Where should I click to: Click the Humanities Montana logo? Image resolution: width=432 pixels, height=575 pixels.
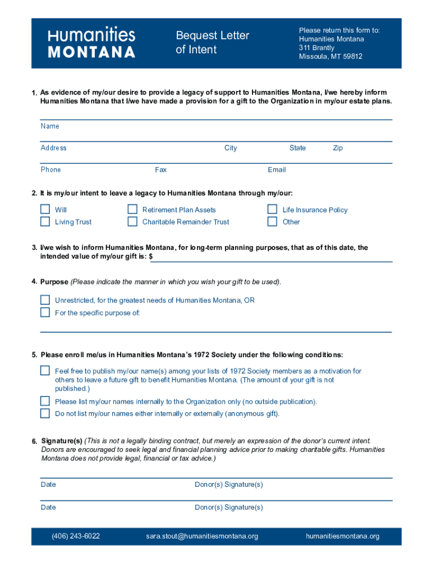(91, 43)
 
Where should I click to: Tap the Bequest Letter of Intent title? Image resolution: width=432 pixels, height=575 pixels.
(212, 43)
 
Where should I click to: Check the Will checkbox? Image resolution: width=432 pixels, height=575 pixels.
(45, 209)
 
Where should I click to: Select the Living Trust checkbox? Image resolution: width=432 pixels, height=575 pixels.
(45, 221)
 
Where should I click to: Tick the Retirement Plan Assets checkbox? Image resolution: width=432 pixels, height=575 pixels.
(132, 209)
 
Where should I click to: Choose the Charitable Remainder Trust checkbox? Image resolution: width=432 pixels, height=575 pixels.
(132, 221)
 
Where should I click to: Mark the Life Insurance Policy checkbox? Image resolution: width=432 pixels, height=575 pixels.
(272, 209)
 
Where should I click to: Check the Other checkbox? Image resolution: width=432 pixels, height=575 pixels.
(272, 221)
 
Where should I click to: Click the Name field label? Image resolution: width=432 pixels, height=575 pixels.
(50, 126)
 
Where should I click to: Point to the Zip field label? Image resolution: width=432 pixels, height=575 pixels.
(338, 148)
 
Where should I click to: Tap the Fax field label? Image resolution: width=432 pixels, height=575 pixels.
(160, 170)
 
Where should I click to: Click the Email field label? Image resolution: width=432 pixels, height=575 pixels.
(277, 170)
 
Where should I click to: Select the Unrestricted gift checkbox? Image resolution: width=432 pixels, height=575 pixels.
(45, 300)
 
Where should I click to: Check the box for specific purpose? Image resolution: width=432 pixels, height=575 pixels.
(45, 312)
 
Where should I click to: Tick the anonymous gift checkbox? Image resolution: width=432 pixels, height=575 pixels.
(45, 413)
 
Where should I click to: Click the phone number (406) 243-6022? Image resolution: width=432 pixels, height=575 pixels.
(76, 536)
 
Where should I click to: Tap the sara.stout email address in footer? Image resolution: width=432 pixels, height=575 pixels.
(202, 536)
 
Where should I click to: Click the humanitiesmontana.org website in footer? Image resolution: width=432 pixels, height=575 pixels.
(342, 536)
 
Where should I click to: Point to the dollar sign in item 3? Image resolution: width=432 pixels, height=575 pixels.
(151, 257)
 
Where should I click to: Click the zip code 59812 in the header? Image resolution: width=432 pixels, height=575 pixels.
(352, 57)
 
